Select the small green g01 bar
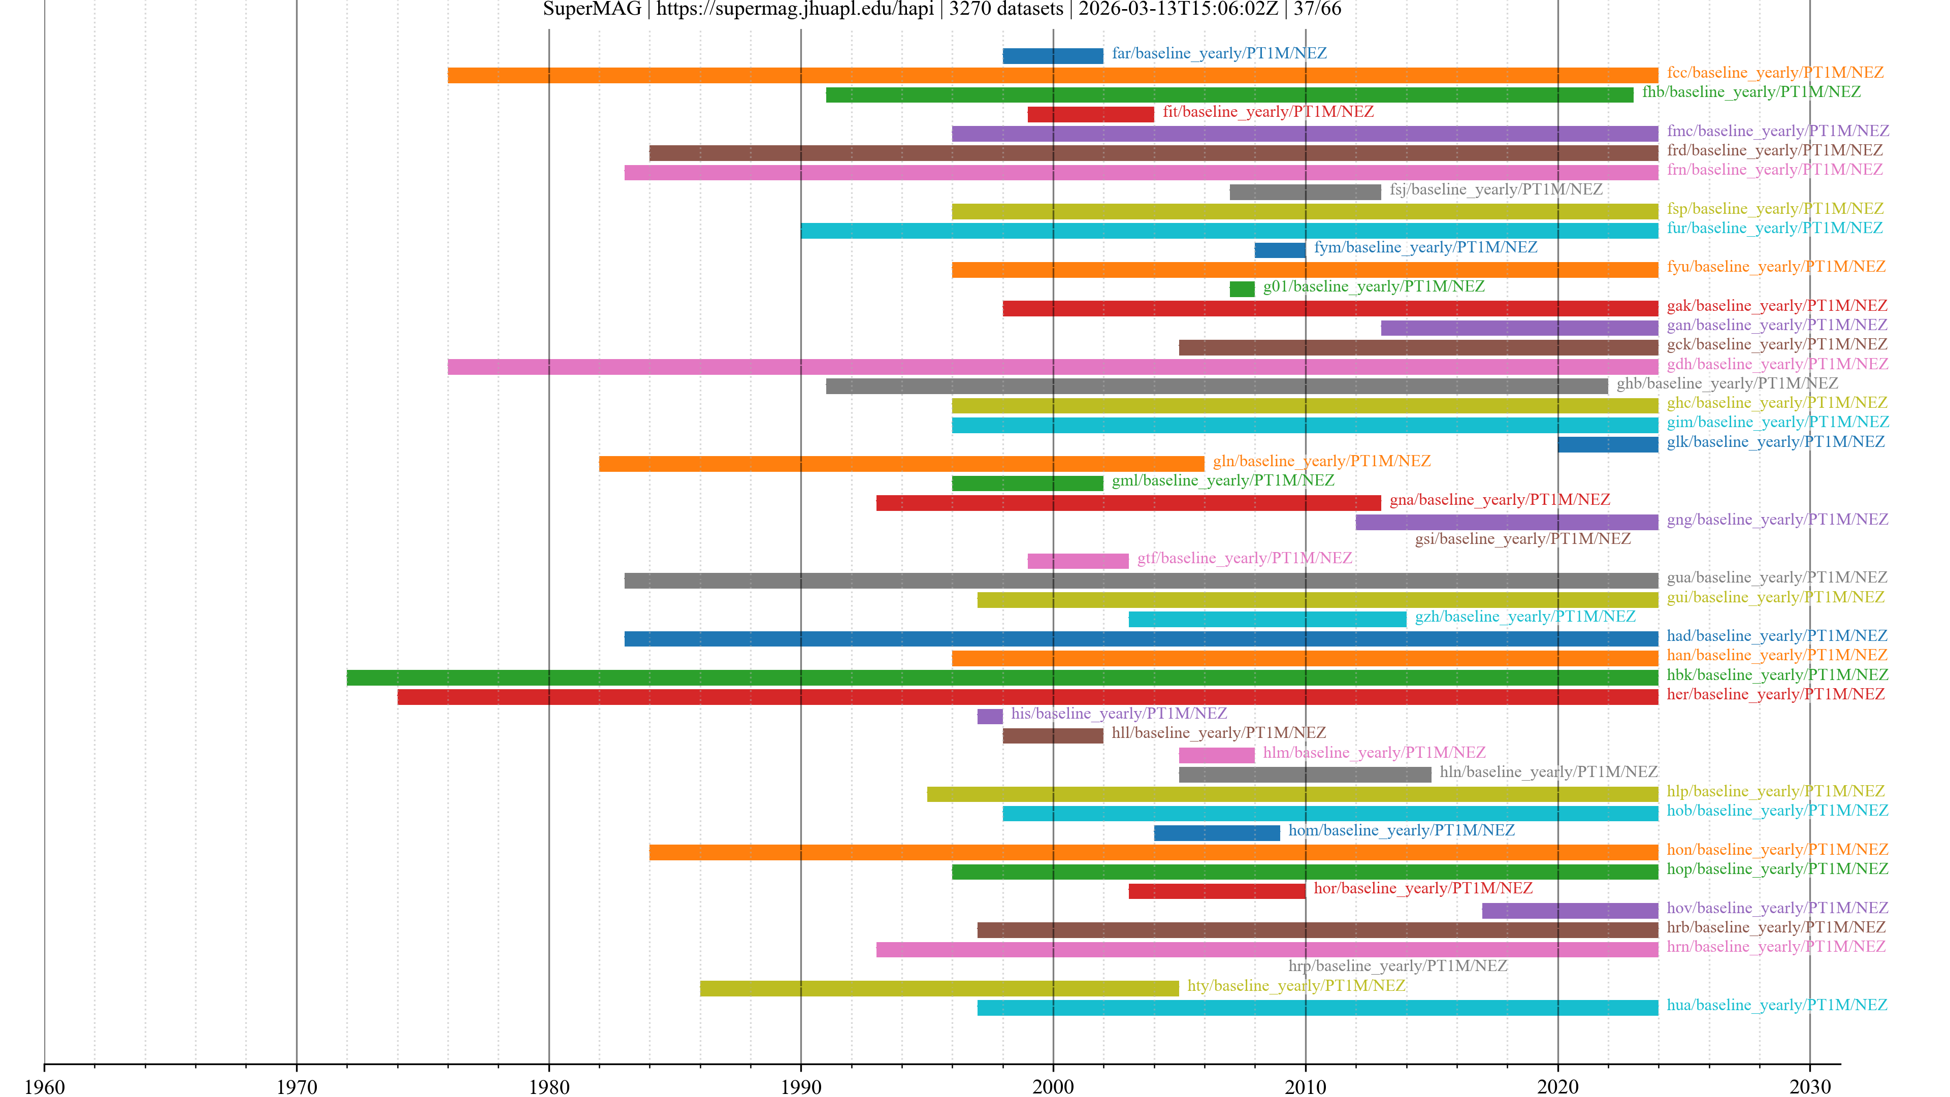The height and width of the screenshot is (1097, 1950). click(1242, 289)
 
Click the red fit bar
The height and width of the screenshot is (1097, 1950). click(1090, 114)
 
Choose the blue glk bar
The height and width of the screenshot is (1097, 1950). click(1607, 444)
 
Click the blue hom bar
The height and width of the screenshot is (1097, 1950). click(1217, 833)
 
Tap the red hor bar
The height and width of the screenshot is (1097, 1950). click(1217, 891)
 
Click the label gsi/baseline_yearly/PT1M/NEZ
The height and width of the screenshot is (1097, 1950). click(1522, 538)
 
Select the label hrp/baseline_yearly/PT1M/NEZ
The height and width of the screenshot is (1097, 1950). click(1397, 965)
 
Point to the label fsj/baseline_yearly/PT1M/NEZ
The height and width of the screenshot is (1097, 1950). click(1496, 189)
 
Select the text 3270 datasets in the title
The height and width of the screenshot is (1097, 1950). click(1006, 9)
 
